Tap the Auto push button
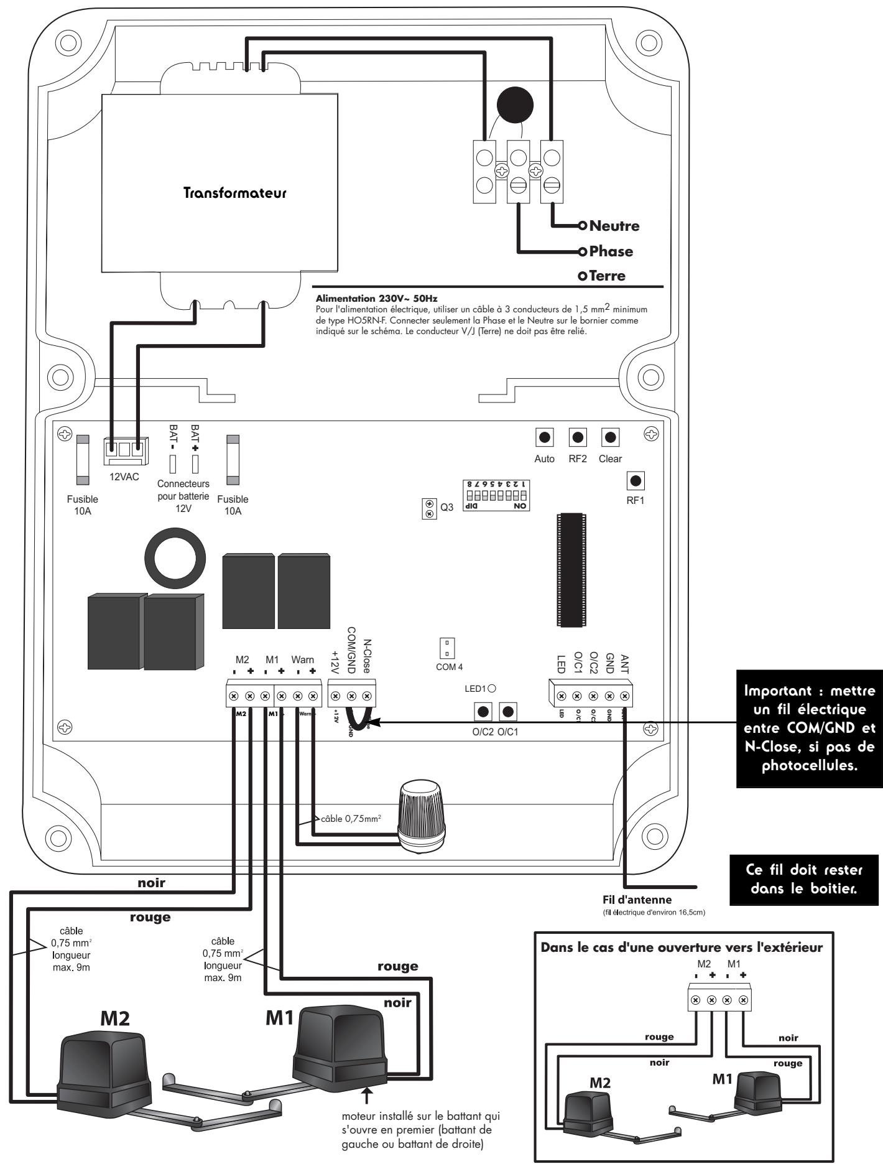tap(545, 437)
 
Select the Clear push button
tap(610, 437)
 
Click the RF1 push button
tap(636, 481)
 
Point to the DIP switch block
tap(497, 495)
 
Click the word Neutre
tap(614, 226)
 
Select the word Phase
tap(611, 251)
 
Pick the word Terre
tap(609, 276)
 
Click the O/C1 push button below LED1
tap(508, 710)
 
